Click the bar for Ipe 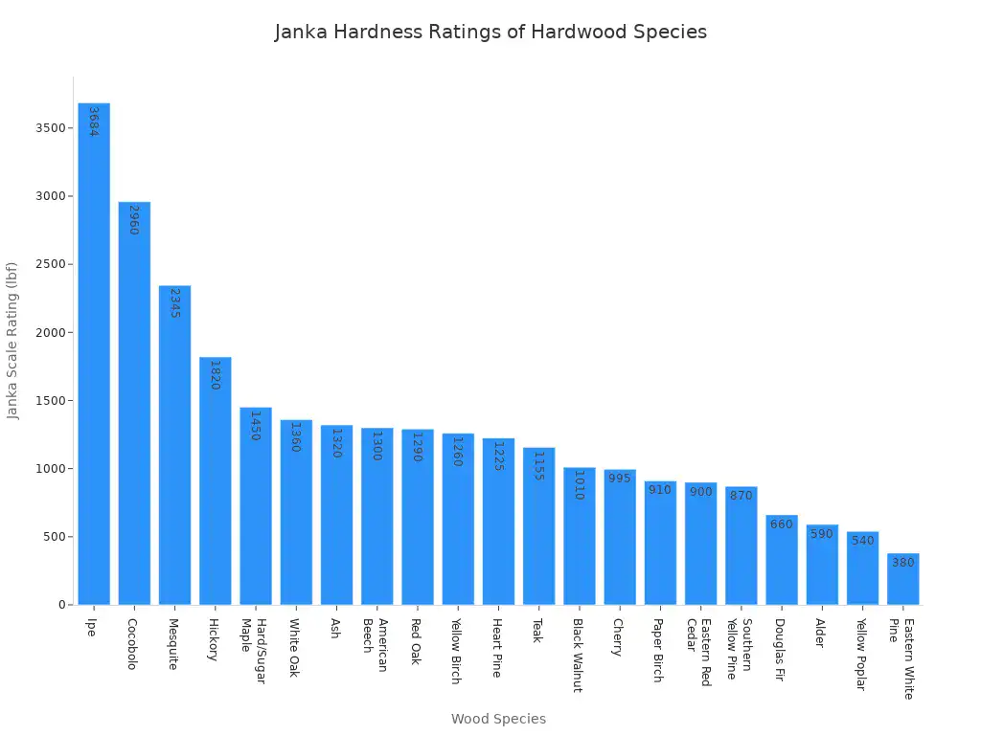[x=94, y=354]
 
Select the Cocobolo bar [x=134, y=403]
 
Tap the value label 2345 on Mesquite [x=174, y=302]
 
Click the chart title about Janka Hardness [x=490, y=32]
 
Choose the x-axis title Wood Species [x=498, y=719]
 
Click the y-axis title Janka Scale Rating [x=12, y=341]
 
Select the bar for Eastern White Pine [x=903, y=579]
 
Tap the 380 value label [x=903, y=563]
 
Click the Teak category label [x=538, y=630]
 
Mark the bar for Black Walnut [x=580, y=536]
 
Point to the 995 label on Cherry [x=620, y=478]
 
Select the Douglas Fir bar [x=782, y=560]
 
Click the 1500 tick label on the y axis [x=53, y=401]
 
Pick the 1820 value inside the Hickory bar [x=215, y=375]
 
